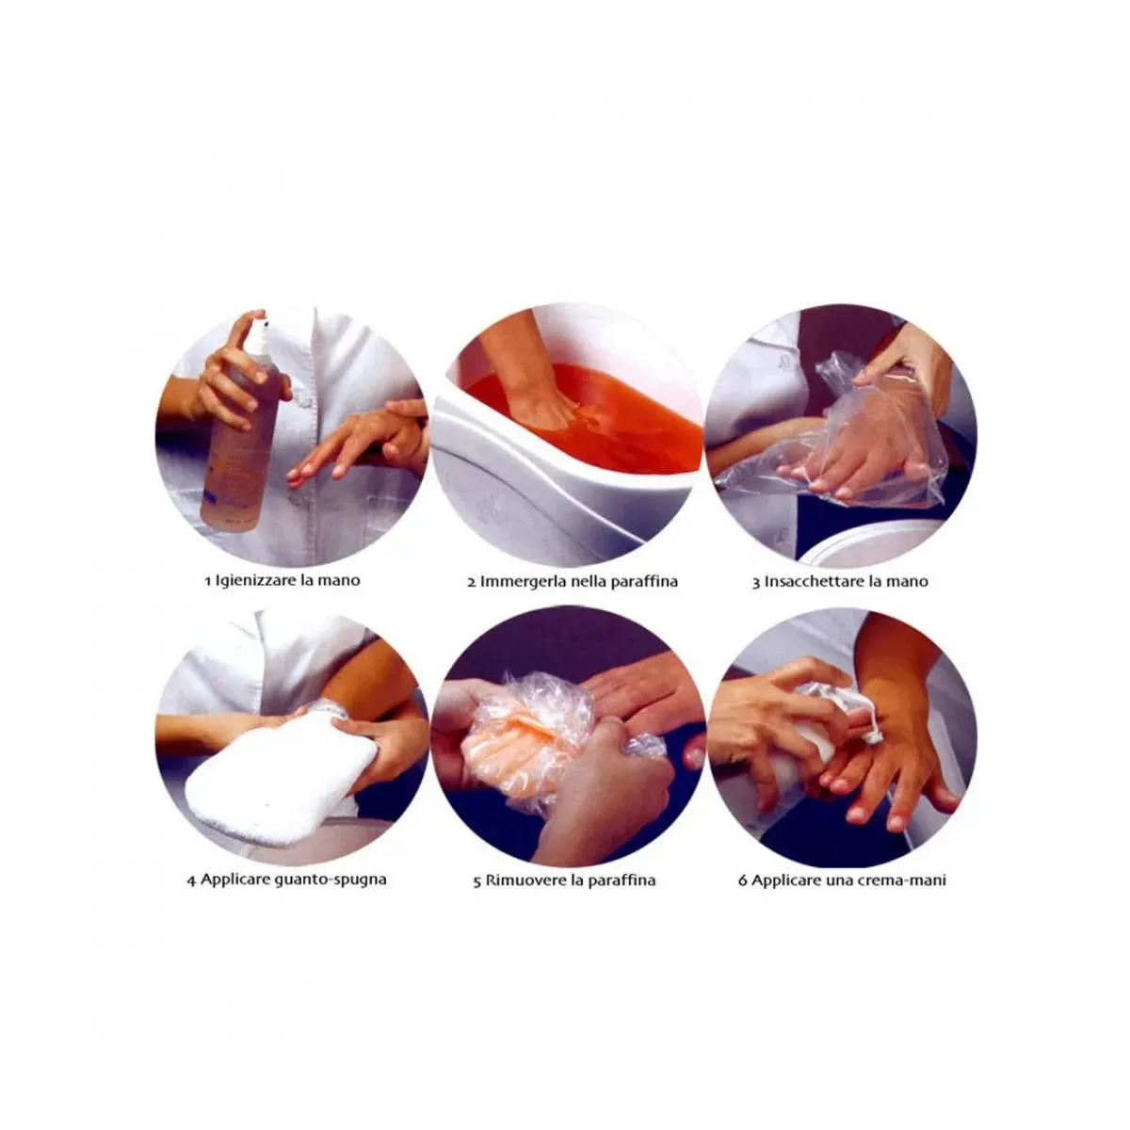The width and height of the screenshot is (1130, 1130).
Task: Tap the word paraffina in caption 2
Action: (644, 582)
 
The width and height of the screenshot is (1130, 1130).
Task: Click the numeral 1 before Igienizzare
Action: (207, 581)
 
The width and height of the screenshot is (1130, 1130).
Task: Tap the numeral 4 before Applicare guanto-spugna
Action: (192, 880)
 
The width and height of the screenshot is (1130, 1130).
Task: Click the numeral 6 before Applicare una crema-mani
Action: (742, 880)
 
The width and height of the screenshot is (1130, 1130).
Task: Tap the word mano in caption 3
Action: (907, 582)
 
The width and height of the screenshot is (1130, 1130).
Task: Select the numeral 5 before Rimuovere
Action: (477, 881)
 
